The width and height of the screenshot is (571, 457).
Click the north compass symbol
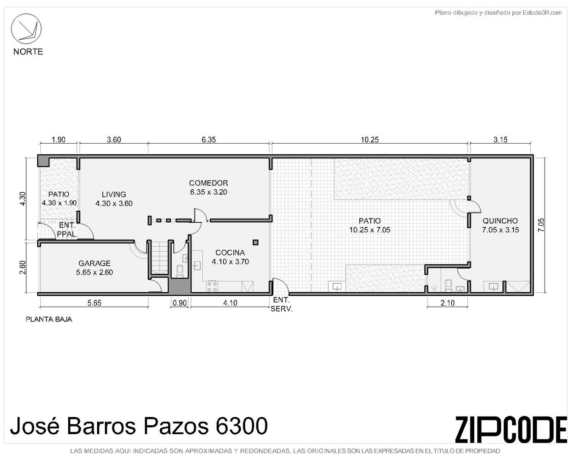(26, 29)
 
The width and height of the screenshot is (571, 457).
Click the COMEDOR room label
(208, 183)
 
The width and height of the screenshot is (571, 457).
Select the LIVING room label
(114, 194)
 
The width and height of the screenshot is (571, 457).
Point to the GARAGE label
(94, 263)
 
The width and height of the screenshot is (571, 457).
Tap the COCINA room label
(230, 252)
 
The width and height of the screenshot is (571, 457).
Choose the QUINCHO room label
(500, 221)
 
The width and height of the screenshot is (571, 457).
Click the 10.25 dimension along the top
(370, 140)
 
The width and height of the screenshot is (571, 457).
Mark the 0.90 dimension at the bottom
(180, 303)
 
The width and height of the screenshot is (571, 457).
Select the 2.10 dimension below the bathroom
(448, 303)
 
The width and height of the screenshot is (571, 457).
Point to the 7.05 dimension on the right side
(541, 225)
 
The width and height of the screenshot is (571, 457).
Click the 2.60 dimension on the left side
(23, 267)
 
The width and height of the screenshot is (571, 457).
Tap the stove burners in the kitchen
(212, 286)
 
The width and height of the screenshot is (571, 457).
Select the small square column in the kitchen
(255, 242)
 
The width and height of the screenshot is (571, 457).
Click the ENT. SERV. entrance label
(282, 304)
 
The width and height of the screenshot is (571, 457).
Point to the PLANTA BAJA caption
(49, 320)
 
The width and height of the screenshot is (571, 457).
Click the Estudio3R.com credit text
(542, 13)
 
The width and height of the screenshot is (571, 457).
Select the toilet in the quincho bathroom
(448, 285)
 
